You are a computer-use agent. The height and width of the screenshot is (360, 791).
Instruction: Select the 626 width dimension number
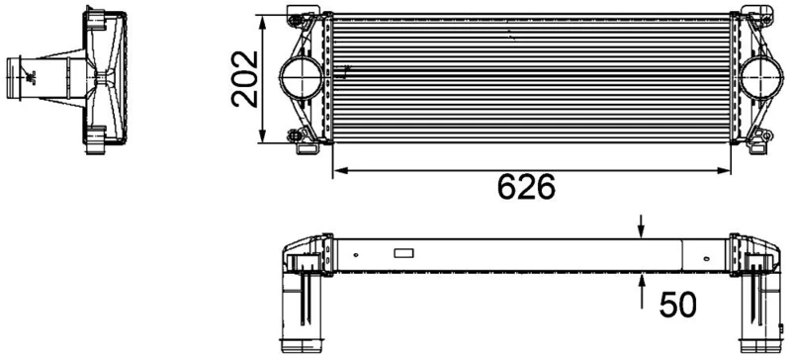(x=526, y=187)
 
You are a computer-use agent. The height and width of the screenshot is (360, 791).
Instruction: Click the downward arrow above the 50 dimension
(x=642, y=226)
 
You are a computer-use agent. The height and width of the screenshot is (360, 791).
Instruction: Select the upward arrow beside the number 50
(x=642, y=288)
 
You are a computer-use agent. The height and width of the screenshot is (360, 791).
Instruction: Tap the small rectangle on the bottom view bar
(x=406, y=253)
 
